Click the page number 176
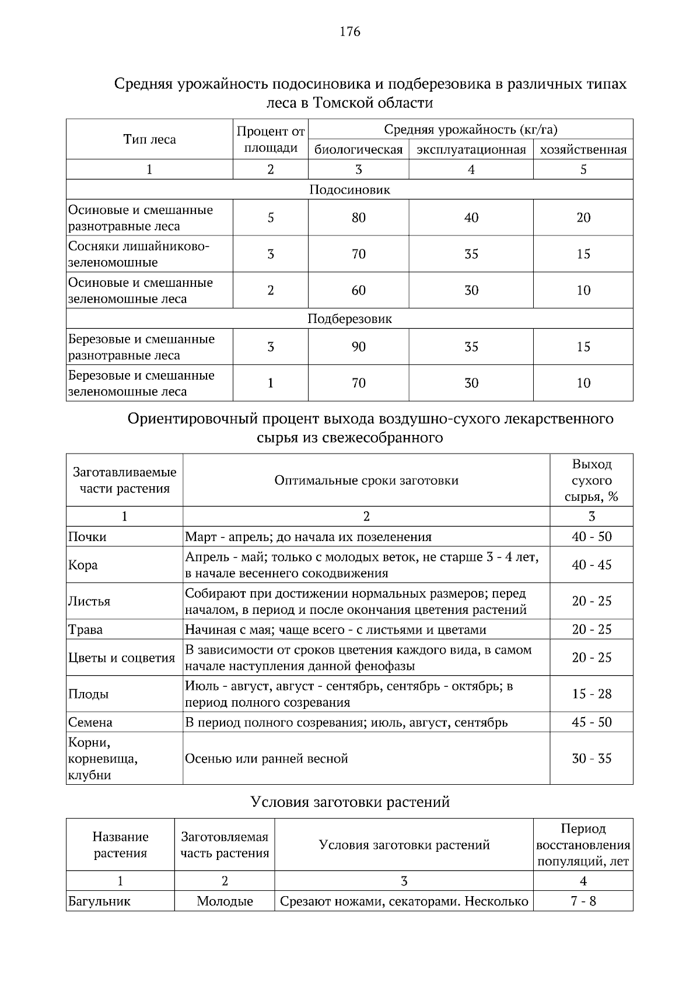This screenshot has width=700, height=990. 349,31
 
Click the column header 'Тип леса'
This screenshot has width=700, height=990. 149,139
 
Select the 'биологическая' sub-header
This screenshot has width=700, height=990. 358,150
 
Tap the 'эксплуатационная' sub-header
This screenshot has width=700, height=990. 471,150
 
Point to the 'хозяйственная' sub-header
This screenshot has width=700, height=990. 583,150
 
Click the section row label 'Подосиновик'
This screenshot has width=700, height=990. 349,189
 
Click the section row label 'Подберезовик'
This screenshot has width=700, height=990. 349,319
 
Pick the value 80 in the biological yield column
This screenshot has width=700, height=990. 358,217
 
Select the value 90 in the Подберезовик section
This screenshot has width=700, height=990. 358,347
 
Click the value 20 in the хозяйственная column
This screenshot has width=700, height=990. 583,217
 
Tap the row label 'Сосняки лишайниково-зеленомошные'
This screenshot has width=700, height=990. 139,254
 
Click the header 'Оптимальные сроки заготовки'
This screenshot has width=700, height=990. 366,480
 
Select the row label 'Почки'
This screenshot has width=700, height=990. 87,537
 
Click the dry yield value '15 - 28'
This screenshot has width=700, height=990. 591,694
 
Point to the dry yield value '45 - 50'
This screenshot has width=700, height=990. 591,722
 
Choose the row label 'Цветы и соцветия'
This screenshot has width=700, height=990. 121,658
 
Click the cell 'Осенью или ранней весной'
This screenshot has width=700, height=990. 267,759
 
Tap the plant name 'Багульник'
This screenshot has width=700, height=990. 99,901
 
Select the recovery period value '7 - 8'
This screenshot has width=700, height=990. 583,901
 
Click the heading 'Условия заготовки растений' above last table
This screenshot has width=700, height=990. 349,802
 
